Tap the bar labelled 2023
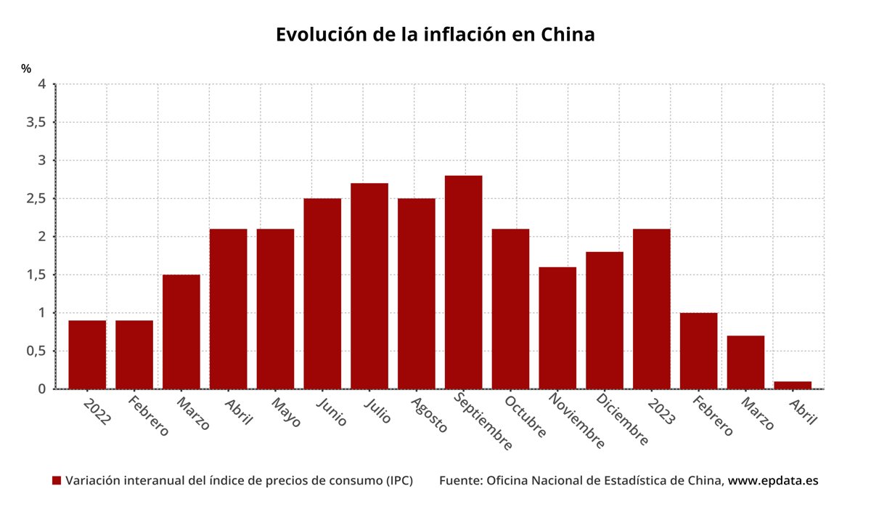pos(651,309)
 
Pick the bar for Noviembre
pos(557,328)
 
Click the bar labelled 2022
pos(87,354)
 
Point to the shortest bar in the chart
pos(793,385)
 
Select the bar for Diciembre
pos(605,320)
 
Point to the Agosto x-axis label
pos(430,414)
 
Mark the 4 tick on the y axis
pos(42,84)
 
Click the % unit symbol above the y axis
pos(26,69)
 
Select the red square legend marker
pos(57,481)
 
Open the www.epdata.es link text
pos(773,481)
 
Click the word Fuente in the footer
pos(459,481)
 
